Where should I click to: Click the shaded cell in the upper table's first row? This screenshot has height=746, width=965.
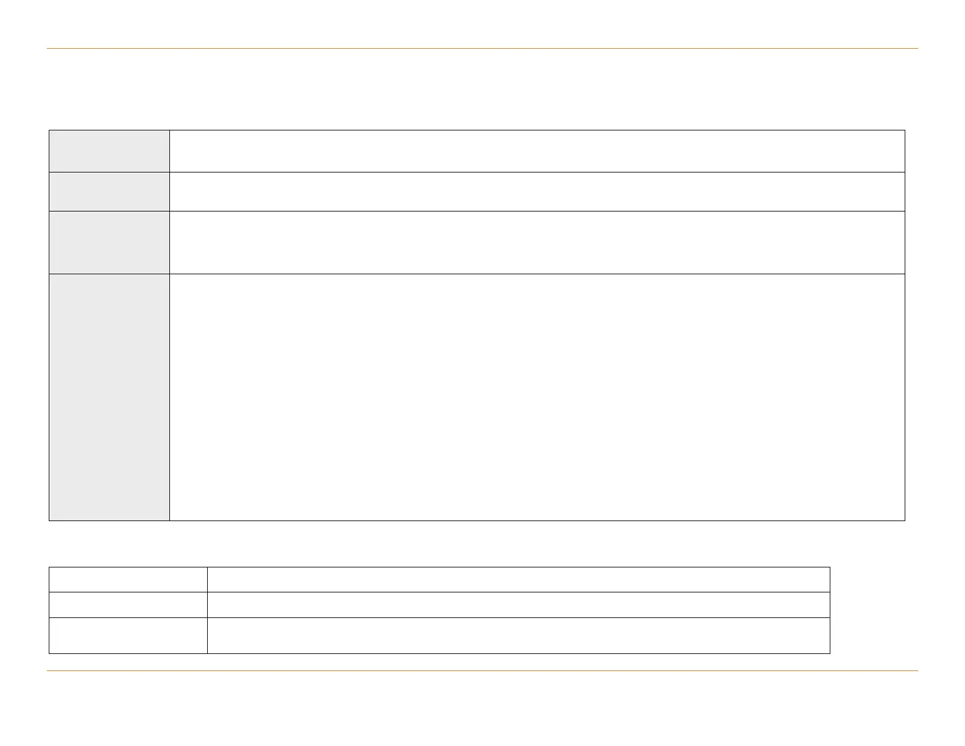[x=109, y=151]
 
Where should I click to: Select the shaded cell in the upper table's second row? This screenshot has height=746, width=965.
[x=109, y=191]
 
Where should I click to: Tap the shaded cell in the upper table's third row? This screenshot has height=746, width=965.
[x=109, y=243]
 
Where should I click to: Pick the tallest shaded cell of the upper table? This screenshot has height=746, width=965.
[x=109, y=397]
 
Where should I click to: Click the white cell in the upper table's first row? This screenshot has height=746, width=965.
[x=537, y=151]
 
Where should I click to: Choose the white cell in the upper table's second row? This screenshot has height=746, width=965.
[x=537, y=191]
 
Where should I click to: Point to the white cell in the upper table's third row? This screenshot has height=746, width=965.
[x=537, y=243]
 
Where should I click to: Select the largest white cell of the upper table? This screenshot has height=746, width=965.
[x=537, y=397]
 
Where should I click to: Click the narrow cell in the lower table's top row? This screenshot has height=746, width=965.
[x=128, y=580]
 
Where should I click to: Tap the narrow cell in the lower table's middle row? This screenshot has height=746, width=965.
[x=128, y=605]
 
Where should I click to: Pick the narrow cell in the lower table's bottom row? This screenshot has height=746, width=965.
[x=128, y=636]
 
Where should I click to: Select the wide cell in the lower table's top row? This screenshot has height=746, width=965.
[x=518, y=580]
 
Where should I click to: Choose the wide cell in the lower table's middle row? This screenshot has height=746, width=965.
[x=518, y=605]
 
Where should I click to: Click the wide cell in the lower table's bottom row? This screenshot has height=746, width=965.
[x=518, y=636]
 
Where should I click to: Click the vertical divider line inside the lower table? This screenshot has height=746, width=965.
[x=207, y=610]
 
